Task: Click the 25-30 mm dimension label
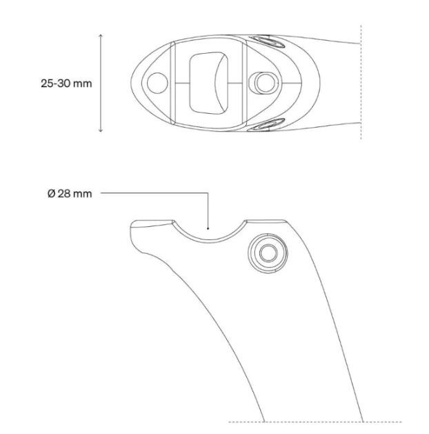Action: [66, 83]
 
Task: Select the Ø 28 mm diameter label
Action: [70, 194]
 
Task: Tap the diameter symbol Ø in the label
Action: [52, 194]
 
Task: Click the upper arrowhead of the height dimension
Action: [101, 34]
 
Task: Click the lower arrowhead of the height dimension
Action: [101, 130]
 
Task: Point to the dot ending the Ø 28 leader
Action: [208, 226]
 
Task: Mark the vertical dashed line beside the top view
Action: [361, 83]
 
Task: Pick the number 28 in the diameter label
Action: [63, 194]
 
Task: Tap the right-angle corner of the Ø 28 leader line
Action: [208, 194]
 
